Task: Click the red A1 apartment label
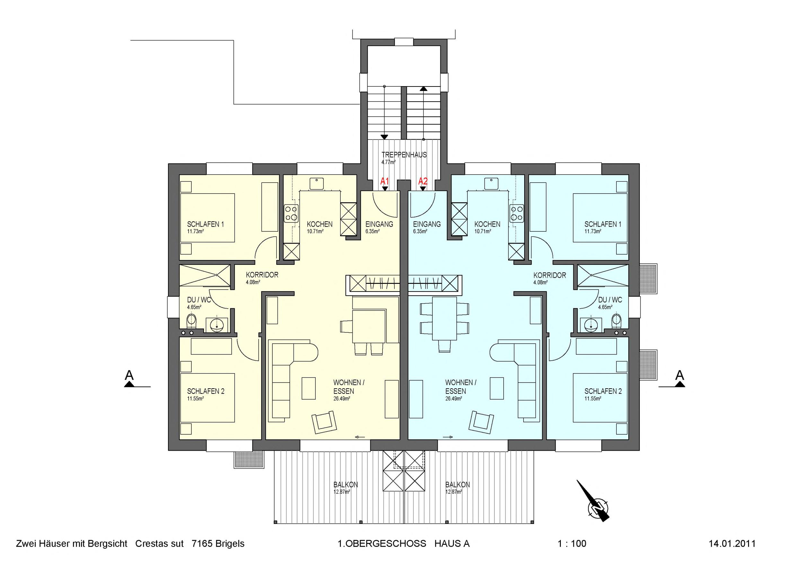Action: pyautogui.click(x=384, y=181)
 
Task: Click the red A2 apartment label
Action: pyautogui.click(x=423, y=181)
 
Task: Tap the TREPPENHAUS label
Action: pyautogui.click(x=404, y=155)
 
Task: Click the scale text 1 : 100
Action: pyautogui.click(x=572, y=544)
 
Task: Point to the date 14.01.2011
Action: pyautogui.click(x=732, y=544)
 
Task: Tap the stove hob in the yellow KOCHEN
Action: pyautogui.click(x=291, y=213)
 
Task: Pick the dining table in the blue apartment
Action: pyautogui.click(x=444, y=319)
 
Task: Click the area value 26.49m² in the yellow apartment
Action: pyautogui.click(x=342, y=398)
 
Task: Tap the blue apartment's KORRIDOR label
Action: pyautogui.click(x=550, y=275)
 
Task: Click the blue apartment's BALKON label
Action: pyautogui.click(x=457, y=485)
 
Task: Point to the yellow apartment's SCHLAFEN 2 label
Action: pyautogui.click(x=206, y=391)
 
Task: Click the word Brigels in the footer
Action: pyautogui.click(x=230, y=544)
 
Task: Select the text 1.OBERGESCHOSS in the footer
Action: pyautogui.click(x=382, y=544)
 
